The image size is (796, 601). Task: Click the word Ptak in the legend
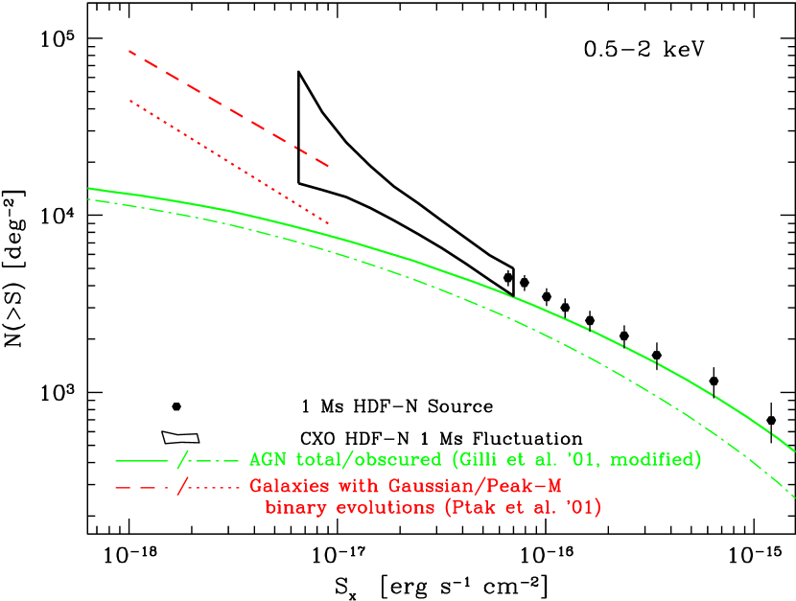point(467,508)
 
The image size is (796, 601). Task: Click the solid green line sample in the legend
point(142,461)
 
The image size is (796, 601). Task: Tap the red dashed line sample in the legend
point(140,487)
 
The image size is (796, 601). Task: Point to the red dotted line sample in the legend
point(214,487)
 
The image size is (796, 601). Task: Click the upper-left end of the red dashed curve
point(129,51)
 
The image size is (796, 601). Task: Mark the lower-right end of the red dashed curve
point(329,166)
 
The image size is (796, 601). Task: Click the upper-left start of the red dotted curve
point(130,100)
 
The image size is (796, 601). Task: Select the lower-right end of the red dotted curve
point(329,223)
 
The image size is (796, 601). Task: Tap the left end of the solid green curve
point(88,188)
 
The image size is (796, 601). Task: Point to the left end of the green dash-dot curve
point(88,199)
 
